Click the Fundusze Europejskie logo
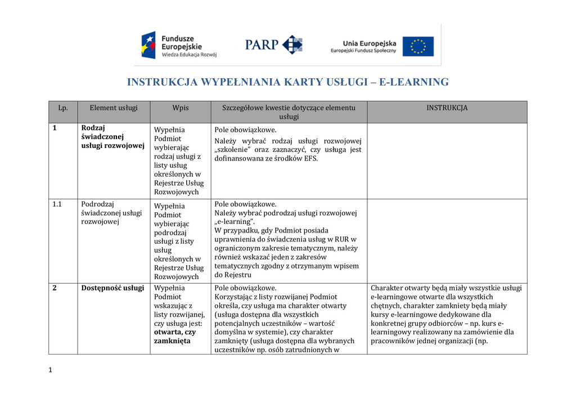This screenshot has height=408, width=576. click(x=178, y=45)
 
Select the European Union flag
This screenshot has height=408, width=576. click(x=418, y=46)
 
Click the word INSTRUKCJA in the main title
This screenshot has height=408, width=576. click(x=163, y=82)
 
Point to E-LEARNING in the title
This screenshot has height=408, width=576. click(x=413, y=82)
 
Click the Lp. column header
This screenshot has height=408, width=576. click(x=63, y=108)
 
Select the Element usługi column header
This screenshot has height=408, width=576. click(x=114, y=108)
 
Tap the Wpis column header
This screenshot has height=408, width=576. click(x=181, y=108)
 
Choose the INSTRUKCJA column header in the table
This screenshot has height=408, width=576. click(x=447, y=108)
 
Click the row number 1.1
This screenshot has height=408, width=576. click(x=57, y=204)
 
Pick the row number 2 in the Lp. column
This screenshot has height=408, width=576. click(x=55, y=288)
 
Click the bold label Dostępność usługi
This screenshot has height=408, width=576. click(x=112, y=288)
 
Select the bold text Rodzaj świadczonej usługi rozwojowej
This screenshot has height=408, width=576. click(x=112, y=137)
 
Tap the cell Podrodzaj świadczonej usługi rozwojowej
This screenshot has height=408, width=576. click(x=111, y=213)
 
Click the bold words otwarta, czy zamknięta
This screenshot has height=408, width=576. click(x=174, y=337)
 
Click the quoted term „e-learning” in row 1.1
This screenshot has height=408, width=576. click(x=235, y=222)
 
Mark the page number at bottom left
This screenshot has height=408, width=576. click(x=51, y=370)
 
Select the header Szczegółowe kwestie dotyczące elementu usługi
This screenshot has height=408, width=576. click(x=289, y=112)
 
